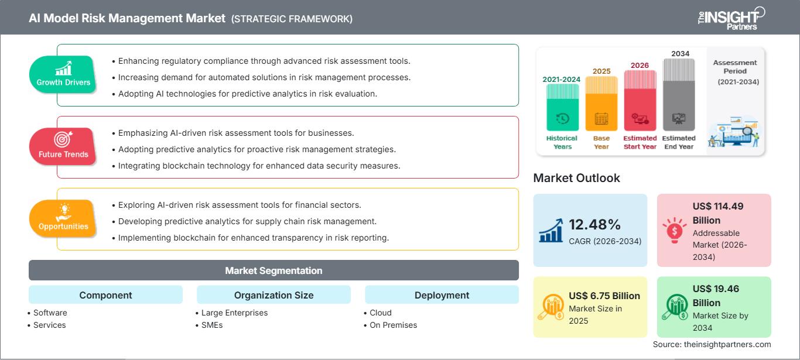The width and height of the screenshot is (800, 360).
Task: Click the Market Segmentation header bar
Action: tap(273, 270)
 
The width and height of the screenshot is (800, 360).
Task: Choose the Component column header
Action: tap(105, 295)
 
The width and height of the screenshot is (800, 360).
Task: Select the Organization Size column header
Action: tap(273, 295)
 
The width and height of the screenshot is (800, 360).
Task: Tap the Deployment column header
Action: tap(442, 295)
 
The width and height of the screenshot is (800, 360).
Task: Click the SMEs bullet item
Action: tap(211, 325)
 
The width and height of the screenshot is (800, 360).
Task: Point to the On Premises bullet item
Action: tap(393, 325)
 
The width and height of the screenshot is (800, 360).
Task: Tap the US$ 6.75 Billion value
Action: tap(604, 296)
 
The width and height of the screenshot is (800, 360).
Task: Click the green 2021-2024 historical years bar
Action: tap(562, 108)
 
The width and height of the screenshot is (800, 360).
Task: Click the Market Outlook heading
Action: tap(576, 178)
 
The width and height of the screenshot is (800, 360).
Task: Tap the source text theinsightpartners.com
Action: tap(712, 344)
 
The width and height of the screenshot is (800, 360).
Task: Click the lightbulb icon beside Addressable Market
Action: tap(675, 230)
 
